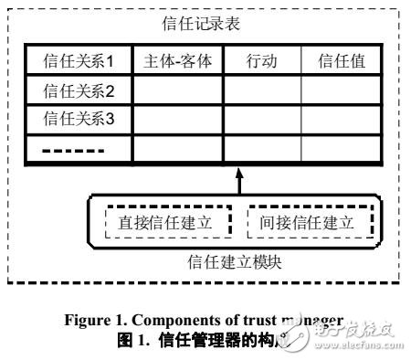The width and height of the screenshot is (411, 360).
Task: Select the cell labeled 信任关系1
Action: pyautogui.click(x=79, y=61)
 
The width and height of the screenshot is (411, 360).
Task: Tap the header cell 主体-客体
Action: pyautogui.click(x=178, y=61)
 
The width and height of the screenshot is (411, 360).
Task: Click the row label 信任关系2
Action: pyautogui.click(x=79, y=90)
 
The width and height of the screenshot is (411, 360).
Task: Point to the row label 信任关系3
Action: pyautogui.click(x=79, y=118)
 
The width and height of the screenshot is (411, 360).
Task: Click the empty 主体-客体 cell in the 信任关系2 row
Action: pyautogui.click(x=178, y=90)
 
